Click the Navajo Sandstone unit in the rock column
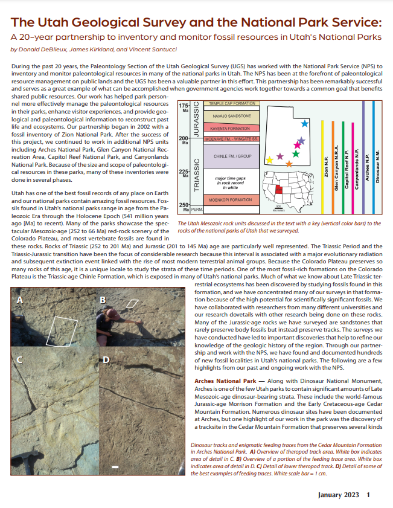[230, 115]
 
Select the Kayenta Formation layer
[230, 129]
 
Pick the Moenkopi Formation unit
[230, 182]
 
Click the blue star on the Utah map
[305, 123]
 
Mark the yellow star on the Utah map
[269, 160]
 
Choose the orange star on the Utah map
[289, 164]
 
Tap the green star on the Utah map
[295, 154]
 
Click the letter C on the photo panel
[19, 360]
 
